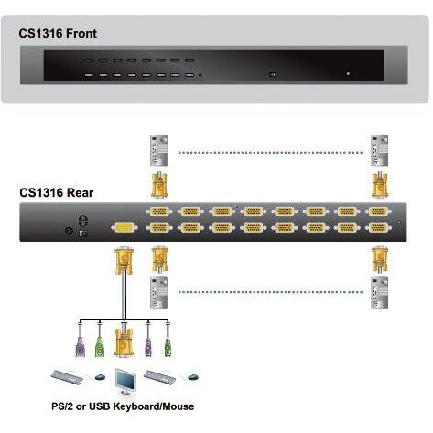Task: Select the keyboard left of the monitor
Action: (x=68, y=376)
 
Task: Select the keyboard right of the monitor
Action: (x=160, y=376)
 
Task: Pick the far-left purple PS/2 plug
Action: (x=80, y=347)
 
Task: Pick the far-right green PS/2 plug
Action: (x=168, y=347)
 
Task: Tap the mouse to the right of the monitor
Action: (x=191, y=377)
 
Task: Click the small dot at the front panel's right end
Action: (x=347, y=73)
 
